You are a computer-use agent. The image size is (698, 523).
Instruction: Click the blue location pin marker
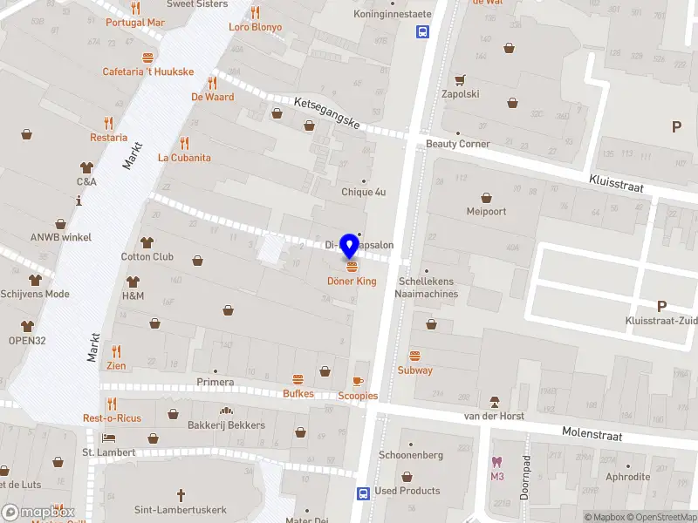point(351,243)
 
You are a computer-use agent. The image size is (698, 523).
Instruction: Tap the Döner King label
point(352,282)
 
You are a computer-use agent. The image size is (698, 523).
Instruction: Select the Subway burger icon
point(415,356)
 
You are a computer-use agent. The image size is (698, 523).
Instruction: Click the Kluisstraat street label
point(620,176)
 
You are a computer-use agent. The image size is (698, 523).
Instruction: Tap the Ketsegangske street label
point(327,113)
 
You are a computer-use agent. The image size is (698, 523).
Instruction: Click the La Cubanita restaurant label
point(184,158)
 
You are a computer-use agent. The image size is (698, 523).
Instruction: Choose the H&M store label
point(133,295)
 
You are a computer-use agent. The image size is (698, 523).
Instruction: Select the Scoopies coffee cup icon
point(358,382)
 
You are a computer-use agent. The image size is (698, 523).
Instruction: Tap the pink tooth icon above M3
point(497,462)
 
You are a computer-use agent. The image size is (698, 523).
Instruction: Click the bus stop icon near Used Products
point(362,492)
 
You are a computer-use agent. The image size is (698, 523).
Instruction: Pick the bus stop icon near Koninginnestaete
point(422,32)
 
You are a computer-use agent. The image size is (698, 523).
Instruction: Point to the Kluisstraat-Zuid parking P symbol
point(661,306)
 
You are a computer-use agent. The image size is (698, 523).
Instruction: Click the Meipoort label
point(486,211)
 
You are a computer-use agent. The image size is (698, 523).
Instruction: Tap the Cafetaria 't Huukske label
point(148,71)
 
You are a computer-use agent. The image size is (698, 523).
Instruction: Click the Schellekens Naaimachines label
point(428,288)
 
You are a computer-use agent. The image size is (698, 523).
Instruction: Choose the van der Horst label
point(494,416)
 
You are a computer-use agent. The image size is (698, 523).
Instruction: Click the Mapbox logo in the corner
point(38,513)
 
